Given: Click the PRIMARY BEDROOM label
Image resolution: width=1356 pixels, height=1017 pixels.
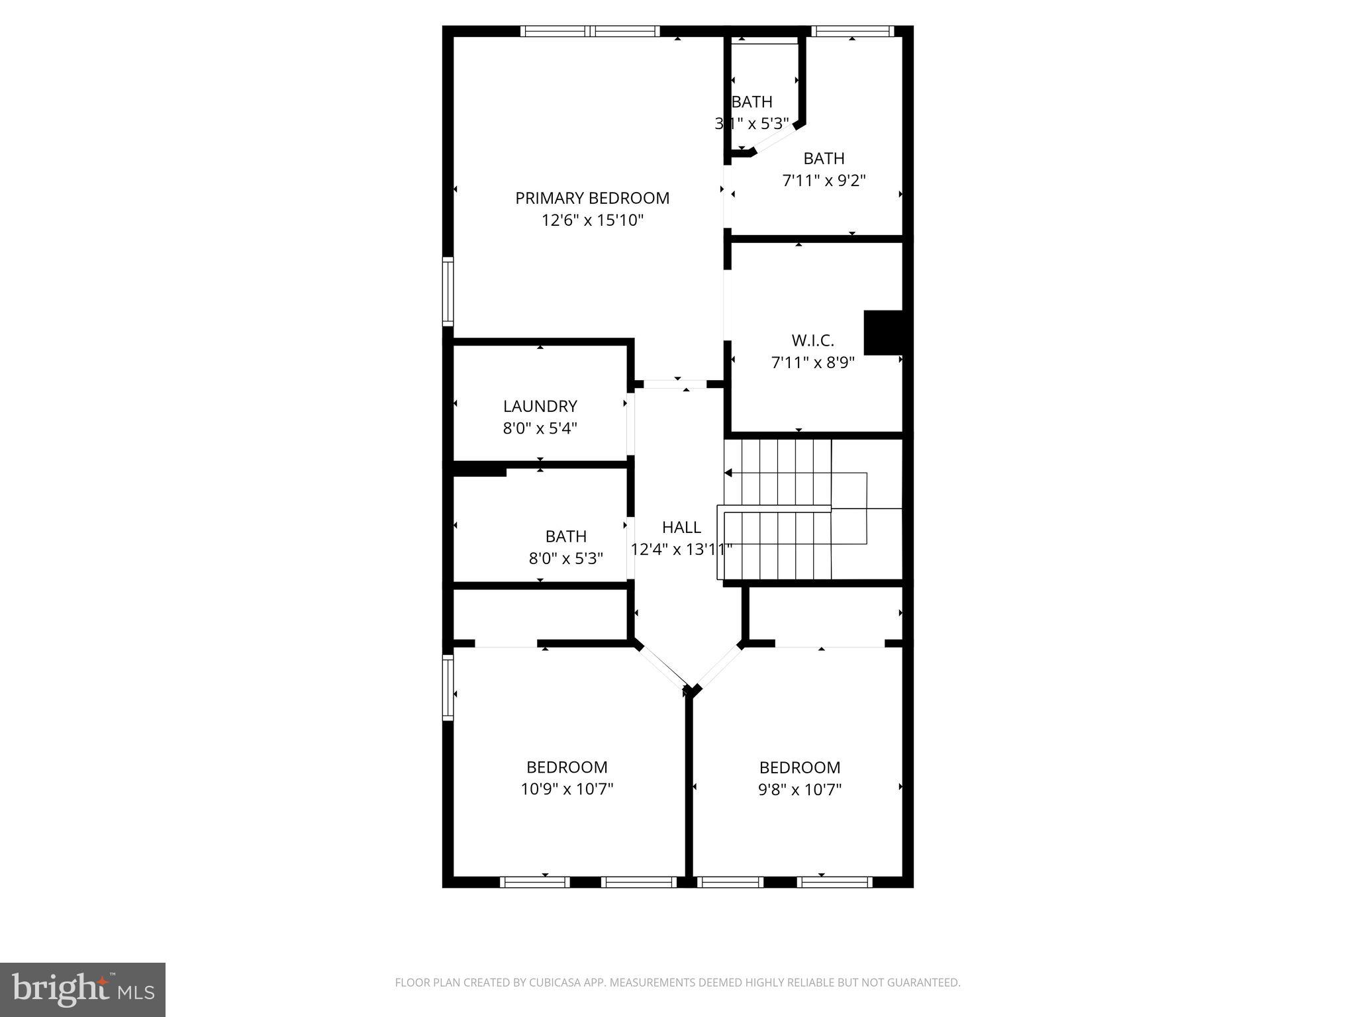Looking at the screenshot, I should point(592,198).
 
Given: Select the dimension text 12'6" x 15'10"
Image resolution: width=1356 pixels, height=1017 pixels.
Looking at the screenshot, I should point(592,220).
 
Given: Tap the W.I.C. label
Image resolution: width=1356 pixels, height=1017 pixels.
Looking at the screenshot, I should point(812,340).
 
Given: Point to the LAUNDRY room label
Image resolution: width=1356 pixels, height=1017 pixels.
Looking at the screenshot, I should point(540,406).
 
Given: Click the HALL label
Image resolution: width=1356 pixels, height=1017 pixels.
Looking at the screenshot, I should point(681,527).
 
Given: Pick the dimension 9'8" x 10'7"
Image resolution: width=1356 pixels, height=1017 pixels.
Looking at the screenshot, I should point(799,789).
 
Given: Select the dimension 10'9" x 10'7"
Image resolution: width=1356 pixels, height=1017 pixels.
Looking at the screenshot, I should point(567,789).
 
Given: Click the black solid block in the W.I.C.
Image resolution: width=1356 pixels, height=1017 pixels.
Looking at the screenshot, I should point(883,332).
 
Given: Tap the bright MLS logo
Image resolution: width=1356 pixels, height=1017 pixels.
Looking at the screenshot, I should point(83,989).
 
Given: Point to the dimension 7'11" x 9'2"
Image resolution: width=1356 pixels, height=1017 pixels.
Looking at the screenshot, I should point(824,180).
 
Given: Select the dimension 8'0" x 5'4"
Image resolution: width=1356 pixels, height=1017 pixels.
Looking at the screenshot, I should point(540,428).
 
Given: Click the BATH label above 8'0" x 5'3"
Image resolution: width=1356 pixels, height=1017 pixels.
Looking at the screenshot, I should point(565,536).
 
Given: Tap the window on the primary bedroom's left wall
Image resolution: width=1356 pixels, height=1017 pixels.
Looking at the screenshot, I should point(448,291).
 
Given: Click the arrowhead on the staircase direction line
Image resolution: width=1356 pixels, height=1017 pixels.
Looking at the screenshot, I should point(728,473).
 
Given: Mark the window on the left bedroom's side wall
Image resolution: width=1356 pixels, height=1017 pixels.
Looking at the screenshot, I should point(448,687).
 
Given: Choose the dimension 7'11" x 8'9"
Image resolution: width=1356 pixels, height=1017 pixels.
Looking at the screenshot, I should point(812,363).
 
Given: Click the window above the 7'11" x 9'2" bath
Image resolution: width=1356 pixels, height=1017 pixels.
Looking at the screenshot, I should point(852,31).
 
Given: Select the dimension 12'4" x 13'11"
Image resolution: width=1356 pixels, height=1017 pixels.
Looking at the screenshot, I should point(681,550).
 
